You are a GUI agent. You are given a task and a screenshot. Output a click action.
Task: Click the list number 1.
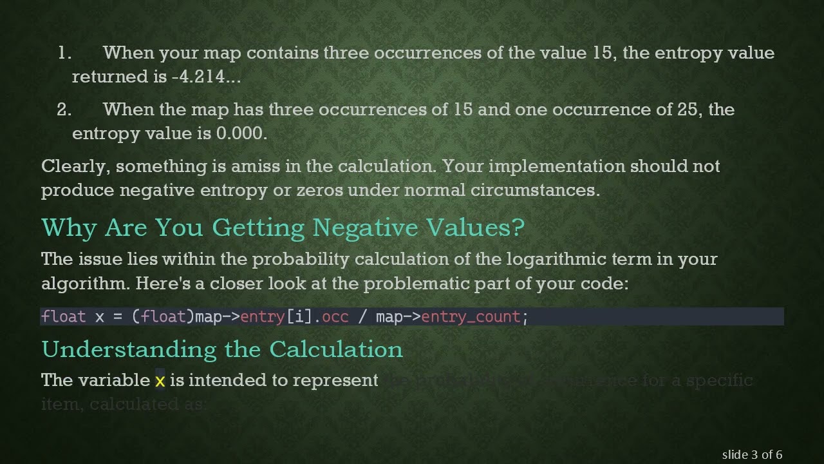tap(64, 53)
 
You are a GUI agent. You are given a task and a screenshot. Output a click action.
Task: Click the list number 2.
tap(64, 110)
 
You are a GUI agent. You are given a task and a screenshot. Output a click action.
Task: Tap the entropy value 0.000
tap(241, 133)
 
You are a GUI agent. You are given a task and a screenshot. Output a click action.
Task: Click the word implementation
tap(557, 166)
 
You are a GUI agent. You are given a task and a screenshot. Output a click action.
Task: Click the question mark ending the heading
tap(519, 227)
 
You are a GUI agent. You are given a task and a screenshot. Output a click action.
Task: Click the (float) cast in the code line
tap(163, 316)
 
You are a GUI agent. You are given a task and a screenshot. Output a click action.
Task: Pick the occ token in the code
tap(335, 316)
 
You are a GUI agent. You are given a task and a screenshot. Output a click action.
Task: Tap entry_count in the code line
tap(471, 316)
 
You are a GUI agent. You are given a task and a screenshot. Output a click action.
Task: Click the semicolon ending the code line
tap(525, 316)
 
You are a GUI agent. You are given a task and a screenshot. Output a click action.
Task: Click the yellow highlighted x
tap(160, 381)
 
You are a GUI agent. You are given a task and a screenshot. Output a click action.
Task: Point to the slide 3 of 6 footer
tap(752, 454)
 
